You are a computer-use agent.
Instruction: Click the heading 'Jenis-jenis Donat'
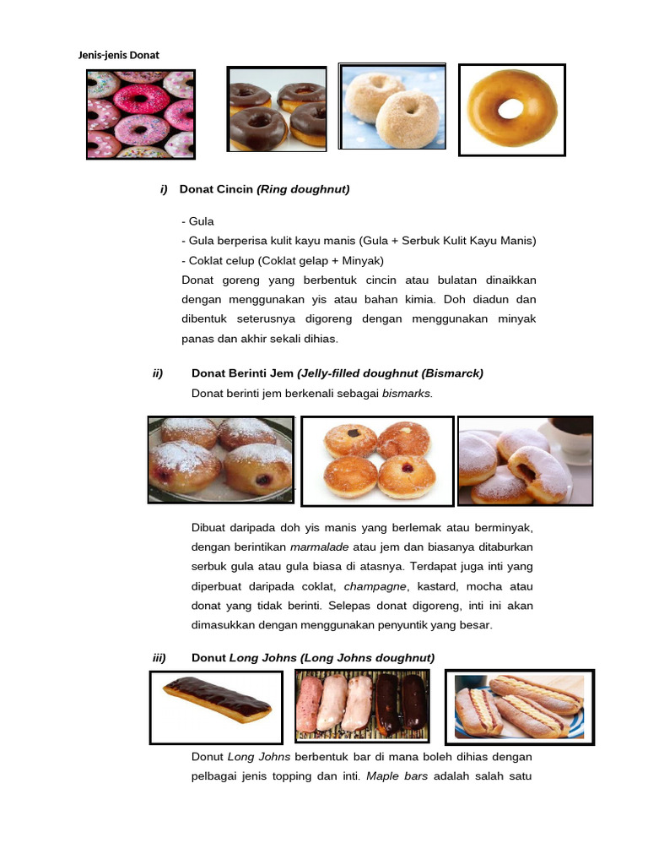click(118, 55)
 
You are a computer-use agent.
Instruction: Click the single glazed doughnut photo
click(512, 110)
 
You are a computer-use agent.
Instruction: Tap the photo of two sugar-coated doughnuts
click(391, 106)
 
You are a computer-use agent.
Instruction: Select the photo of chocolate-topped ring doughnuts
click(277, 109)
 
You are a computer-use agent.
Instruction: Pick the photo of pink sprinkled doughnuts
click(141, 114)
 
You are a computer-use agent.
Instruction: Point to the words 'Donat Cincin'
click(216, 189)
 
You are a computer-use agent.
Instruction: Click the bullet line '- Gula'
click(197, 221)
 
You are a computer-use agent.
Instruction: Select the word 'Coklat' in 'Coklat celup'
click(204, 260)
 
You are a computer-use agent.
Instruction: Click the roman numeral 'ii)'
click(158, 373)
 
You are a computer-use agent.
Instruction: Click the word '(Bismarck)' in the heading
click(452, 373)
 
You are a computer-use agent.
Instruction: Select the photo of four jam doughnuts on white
click(377, 461)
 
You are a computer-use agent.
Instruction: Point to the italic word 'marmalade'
click(319, 547)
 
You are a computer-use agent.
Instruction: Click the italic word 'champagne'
click(375, 586)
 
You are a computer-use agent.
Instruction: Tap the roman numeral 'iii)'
click(159, 658)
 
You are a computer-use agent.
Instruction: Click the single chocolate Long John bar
click(217, 699)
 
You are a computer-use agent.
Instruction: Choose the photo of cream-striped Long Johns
click(520, 707)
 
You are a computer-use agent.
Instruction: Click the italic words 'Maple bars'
click(397, 776)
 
